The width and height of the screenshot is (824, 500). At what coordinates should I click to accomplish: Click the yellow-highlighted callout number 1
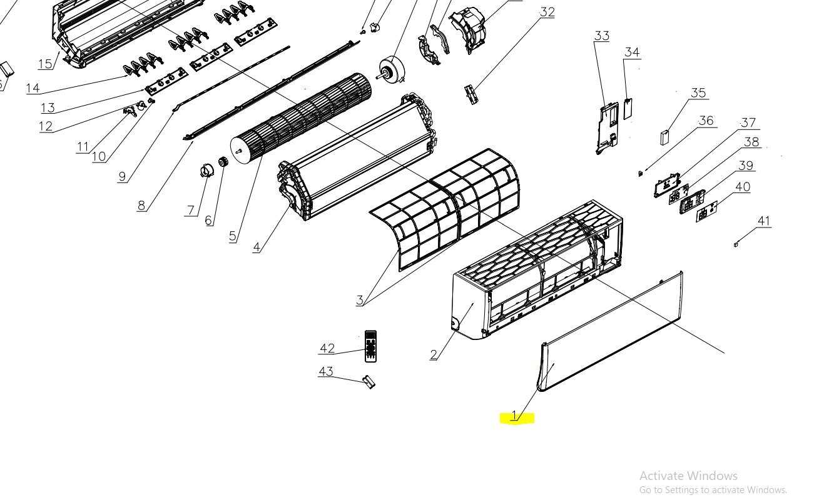(515, 416)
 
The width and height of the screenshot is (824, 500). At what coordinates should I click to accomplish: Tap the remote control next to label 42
(370, 346)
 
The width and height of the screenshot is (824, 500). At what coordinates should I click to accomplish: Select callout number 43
(326, 371)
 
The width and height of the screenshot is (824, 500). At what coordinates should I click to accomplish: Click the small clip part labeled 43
(369, 382)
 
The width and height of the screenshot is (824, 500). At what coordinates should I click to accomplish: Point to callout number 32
(547, 12)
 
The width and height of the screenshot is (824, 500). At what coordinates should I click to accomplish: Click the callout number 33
(602, 36)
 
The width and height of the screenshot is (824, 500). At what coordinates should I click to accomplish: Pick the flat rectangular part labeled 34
(628, 109)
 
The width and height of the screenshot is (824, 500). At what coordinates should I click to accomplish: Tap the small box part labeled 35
(664, 137)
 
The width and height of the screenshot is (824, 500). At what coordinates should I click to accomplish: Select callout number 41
(764, 221)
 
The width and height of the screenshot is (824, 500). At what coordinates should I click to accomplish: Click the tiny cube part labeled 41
(736, 244)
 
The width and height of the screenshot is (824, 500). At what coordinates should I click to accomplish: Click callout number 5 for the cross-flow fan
(232, 236)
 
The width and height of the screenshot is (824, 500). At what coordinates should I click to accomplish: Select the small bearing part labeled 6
(223, 162)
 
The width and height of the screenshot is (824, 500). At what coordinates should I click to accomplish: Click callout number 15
(45, 64)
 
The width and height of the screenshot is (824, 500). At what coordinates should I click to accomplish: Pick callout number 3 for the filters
(359, 300)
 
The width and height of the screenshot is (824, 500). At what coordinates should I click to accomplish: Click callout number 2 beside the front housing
(434, 354)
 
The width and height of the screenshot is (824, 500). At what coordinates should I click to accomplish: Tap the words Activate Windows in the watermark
(688, 476)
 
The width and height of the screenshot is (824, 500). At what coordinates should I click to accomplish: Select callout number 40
(743, 187)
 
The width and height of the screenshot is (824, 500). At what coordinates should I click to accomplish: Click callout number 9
(123, 177)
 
